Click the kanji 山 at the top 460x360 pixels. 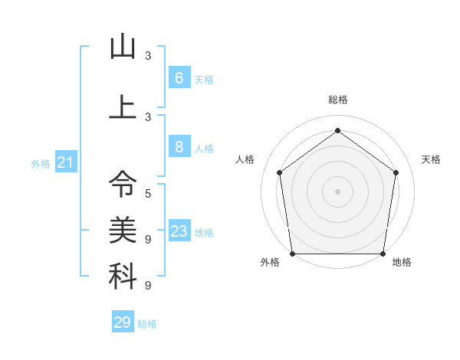123,47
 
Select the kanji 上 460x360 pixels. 123,107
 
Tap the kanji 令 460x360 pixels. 123,183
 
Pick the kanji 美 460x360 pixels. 123,229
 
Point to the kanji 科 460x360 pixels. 123,277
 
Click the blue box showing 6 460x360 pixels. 179,78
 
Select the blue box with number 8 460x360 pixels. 179,147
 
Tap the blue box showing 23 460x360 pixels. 179,232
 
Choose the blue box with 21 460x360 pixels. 65,162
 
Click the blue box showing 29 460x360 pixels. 123,322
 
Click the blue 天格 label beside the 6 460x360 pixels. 204,80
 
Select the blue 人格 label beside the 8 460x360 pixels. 204,149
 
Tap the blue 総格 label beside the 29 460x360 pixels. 147,324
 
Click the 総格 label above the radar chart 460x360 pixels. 337,100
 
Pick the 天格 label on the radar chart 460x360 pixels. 431,159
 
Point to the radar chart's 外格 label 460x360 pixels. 270,262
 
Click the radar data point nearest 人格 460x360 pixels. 280,172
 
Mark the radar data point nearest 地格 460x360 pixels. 383,253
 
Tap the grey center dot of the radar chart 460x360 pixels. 337,191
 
